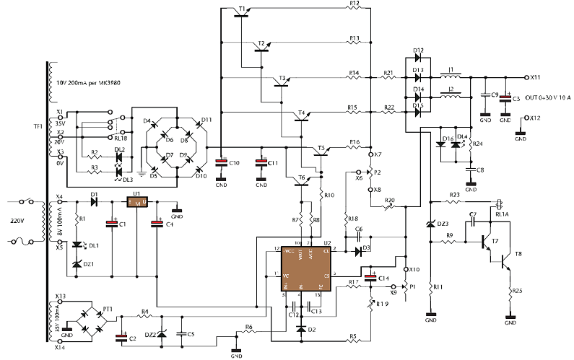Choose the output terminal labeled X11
point(534,76)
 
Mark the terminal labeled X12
point(534,118)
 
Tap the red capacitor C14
point(371,277)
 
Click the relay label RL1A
point(500,214)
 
